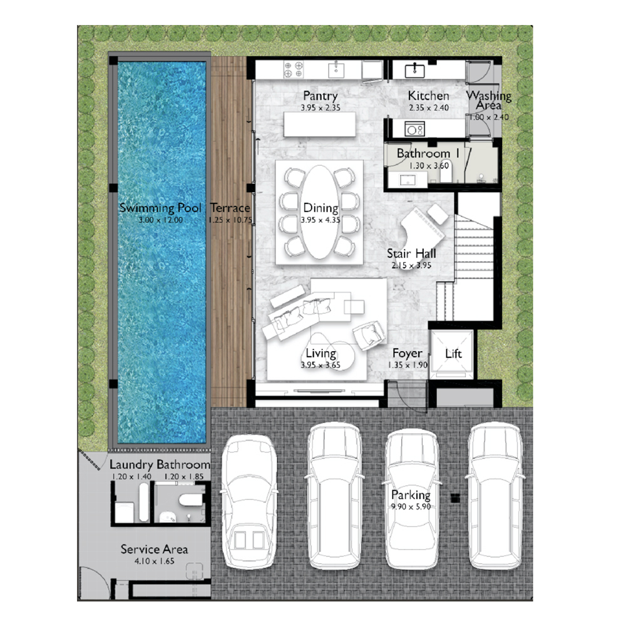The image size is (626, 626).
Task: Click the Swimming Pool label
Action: click(160, 208)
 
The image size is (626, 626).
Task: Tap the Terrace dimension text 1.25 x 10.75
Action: click(230, 220)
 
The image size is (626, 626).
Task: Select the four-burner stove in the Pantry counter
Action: click(294, 69)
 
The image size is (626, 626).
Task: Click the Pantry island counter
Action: click(319, 124)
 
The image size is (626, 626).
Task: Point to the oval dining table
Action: click(319, 212)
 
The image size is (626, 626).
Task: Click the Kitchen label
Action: click(428, 96)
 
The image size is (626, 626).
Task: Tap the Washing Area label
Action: click(489, 100)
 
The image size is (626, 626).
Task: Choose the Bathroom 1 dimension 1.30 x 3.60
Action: click(429, 165)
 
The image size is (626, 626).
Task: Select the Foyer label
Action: click(408, 353)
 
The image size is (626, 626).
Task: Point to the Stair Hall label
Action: click(411, 254)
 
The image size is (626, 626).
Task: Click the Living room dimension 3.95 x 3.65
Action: click(321, 365)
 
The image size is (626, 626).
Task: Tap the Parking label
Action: click(411, 495)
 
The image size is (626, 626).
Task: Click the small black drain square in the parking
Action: click(455, 498)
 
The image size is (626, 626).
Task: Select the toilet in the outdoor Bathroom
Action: click(191, 500)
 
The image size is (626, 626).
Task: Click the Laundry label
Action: click(131, 464)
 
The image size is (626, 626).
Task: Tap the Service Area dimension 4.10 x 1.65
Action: click(154, 561)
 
